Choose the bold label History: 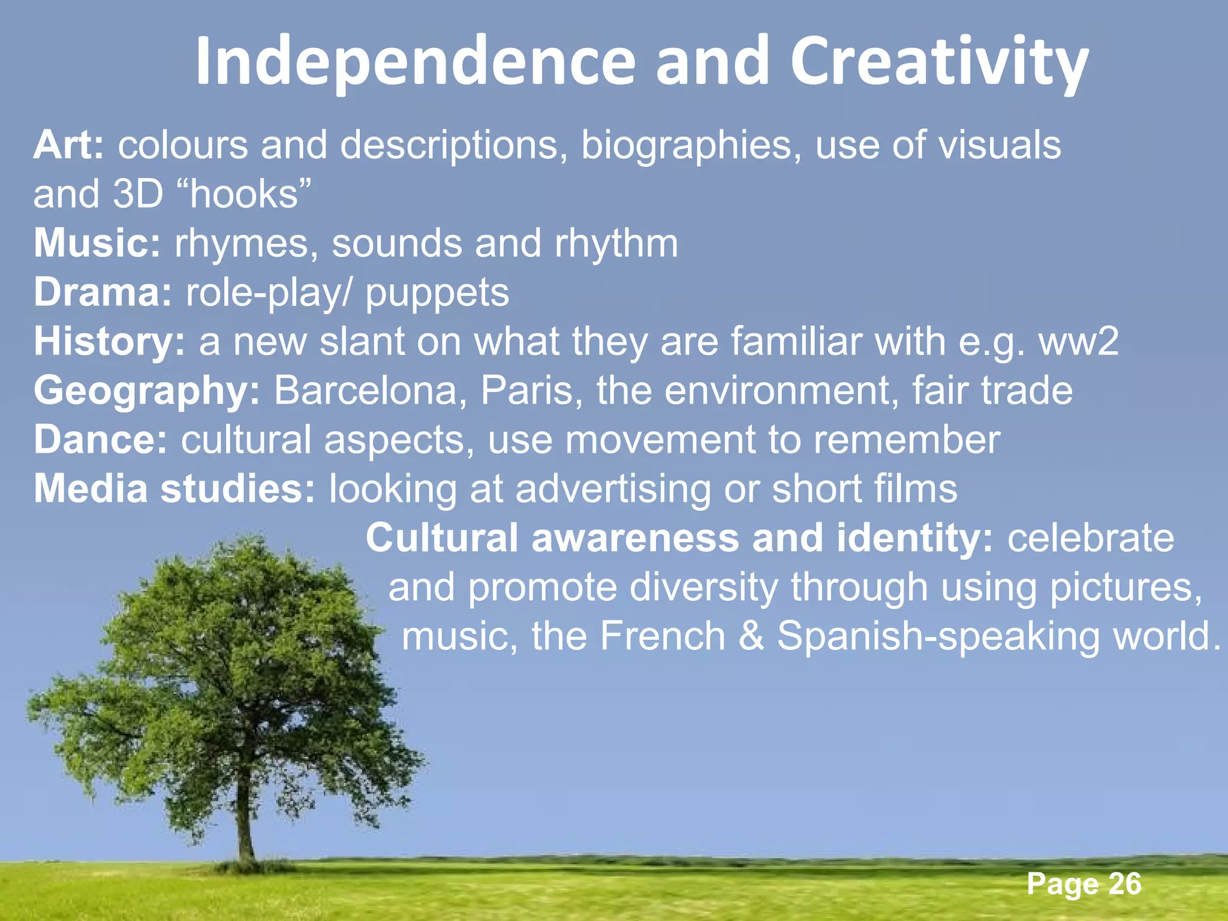(x=110, y=342)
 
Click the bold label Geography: (x=147, y=391)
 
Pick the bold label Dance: (x=101, y=440)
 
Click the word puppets (x=437, y=294)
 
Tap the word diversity (x=703, y=587)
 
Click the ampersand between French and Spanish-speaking (x=751, y=636)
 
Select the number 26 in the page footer (x=1125, y=884)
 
